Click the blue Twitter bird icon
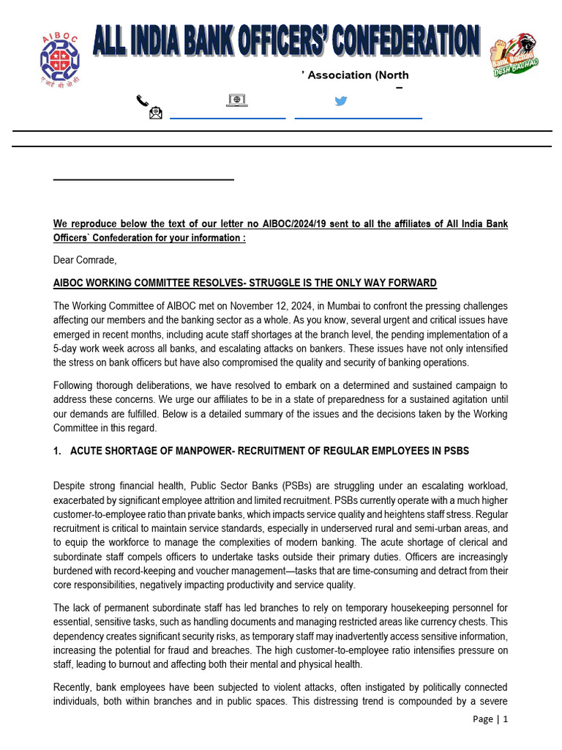point(340,100)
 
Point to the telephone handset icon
point(143,100)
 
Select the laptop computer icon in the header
point(236,100)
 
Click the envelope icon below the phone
point(155,114)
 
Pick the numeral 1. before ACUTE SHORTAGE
point(57,451)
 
